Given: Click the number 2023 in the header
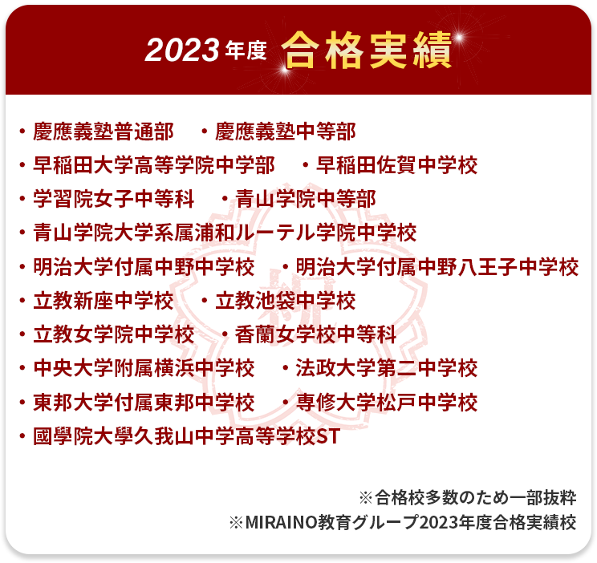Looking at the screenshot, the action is pyautogui.click(x=181, y=51).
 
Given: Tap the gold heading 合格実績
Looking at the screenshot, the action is pyautogui.click(x=366, y=51).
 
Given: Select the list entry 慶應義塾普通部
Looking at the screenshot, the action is pyautogui.click(x=104, y=132).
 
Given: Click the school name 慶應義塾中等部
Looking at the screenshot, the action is pyautogui.click(x=285, y=132).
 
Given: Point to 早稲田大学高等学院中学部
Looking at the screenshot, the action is pyautogui.click(x=154, y=165).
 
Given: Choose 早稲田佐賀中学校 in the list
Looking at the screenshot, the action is pyautogui.click(x=396, y=165).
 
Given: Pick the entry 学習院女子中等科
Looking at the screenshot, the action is pyautogui.click(x=113, y=199).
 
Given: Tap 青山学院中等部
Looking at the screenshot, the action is pyautogui.click(x=306, y=199).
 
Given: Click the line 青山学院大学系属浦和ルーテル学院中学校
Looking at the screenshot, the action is pyautogui.click(x=225, y=233).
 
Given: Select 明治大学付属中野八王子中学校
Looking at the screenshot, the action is pyautogui.click(x=437, y=266).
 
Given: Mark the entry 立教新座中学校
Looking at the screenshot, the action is pyautogui.click(x=104, y=300).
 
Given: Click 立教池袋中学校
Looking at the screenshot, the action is pyautogui.click(x=285, y=300).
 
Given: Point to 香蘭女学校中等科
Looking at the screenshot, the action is pyautogui.click(x=315, y=334).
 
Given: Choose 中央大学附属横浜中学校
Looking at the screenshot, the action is pyautogui.click(x=144, y=368).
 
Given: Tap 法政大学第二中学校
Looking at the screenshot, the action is pyautogui.click(x=387, y=368).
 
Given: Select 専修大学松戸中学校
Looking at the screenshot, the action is pyautogui.click(x=387, y=402).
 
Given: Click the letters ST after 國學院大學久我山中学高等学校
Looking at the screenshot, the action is pyautogui.click(x=328, y=435).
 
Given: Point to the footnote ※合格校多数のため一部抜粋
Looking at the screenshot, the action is pyautogui.click(x=468, y=497).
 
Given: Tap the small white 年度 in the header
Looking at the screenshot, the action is pyautogui.click(x=246, y=51).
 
